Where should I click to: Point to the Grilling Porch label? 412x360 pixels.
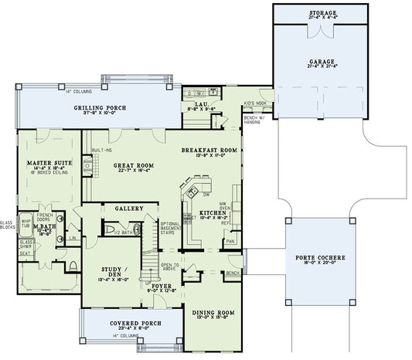[x=100, y=107]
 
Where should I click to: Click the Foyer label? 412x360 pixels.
[x=160, y=285]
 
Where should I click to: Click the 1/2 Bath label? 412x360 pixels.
[x=121, y=232]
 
